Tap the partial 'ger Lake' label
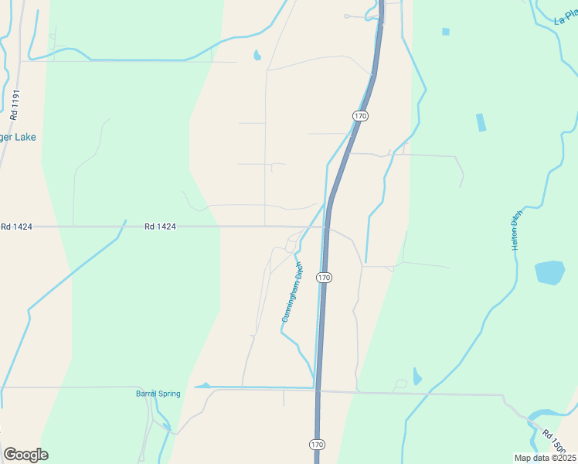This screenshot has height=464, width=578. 19,138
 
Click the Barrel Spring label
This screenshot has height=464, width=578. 158,394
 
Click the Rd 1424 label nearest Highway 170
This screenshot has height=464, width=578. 160,227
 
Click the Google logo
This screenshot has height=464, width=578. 25,455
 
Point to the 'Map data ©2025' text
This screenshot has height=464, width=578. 545,458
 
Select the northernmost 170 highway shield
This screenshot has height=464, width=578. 359,115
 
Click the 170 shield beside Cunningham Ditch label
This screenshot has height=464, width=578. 325,277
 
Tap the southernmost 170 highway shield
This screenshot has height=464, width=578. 318,445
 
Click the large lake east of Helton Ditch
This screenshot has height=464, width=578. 549,273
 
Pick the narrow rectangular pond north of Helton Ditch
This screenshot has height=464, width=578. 481,122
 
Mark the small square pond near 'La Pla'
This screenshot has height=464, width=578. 446,32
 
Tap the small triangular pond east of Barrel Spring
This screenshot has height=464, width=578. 203,384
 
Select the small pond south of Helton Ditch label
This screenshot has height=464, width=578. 417,377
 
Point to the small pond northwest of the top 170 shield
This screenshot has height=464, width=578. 257,55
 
